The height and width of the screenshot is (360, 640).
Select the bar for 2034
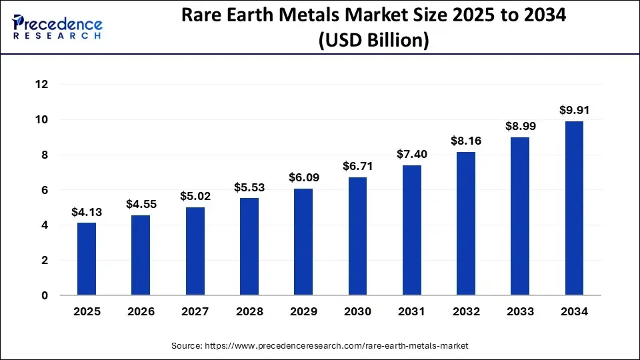[x=575, y=208]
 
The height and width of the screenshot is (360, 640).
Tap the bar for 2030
[x=357, y=236]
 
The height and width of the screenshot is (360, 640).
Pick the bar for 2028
[x=249, y=247]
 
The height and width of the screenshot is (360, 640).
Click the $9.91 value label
[x=575, y=111]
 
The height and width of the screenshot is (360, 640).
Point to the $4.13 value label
[x=87, y=212]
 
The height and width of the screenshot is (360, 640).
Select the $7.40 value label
[x=412, y=155]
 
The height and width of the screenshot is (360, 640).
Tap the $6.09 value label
[x=303, y=178]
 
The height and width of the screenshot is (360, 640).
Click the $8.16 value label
[x=466, y=141]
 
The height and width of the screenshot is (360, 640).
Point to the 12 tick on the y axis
[x=42, y=85]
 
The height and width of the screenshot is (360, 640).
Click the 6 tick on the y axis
[x=45, y=190]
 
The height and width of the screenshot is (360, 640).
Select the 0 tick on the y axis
[x=45, y=295]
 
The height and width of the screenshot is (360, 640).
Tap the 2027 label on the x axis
[x=195, y=311]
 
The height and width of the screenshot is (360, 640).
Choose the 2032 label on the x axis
[x=466, y=311]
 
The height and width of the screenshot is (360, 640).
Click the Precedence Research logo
[x=57, y=27]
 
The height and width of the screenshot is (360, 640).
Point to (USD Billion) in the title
[x=373, y=40]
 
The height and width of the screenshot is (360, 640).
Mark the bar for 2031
[x=412, y=230]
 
